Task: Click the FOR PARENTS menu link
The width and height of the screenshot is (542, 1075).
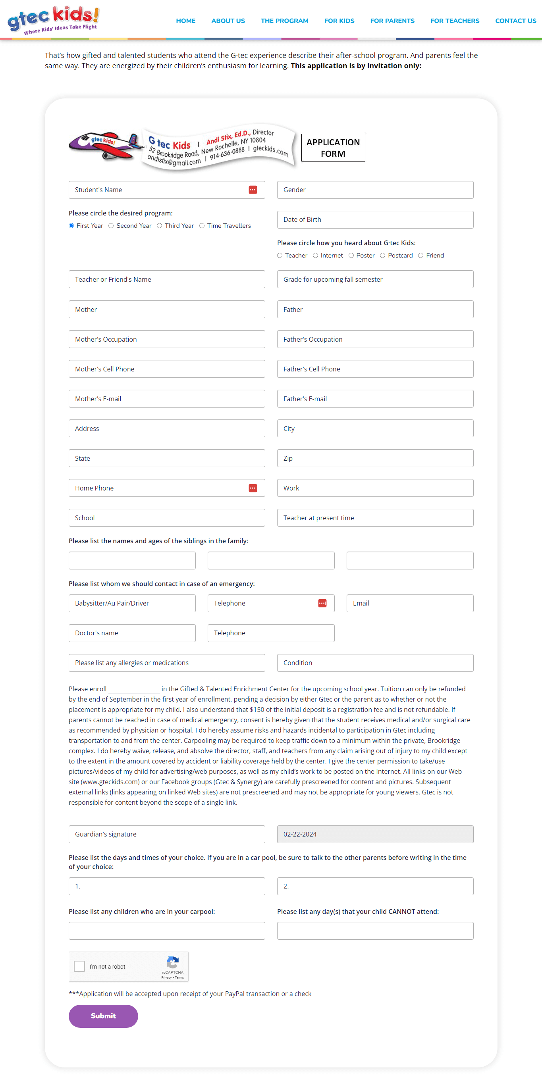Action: [392, 21]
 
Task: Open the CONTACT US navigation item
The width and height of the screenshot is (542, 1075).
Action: [515, 21]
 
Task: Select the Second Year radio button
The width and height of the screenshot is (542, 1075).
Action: [111, 226]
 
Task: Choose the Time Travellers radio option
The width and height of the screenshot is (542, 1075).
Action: [202, 226]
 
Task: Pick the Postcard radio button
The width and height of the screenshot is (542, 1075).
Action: [382, 256]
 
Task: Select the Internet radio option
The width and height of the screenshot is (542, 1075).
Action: [315, 256]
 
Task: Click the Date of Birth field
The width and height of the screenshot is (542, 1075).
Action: [375, 219]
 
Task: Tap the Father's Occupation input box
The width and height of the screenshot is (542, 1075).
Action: [375, 339]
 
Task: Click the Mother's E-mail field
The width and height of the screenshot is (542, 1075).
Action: [167, 398]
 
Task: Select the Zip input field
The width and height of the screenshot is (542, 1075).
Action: [375, 458]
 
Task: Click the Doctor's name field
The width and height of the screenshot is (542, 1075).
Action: [132, 633]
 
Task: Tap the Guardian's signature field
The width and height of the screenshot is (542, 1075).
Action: [167, 834]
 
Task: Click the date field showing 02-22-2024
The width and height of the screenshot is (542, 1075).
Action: [375, 834]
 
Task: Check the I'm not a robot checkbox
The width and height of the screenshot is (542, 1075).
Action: [79, 966]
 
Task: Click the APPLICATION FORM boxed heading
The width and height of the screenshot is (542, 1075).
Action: [333, 148]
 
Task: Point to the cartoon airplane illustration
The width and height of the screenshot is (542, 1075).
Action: [105, 146]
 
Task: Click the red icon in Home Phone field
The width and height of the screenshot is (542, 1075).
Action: [253, 488]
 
